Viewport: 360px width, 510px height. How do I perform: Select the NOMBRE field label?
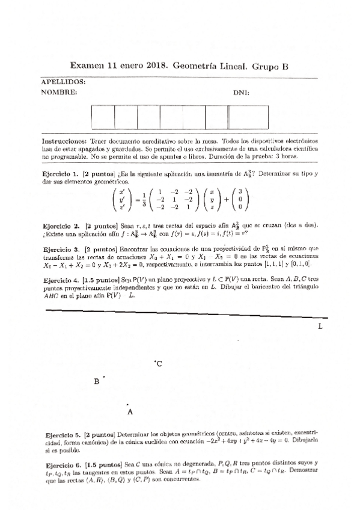pyautogui.click(x=58, y=93)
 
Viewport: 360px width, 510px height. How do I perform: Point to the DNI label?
pyautogui.click(x=241, y=93)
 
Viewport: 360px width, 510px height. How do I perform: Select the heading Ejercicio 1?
pyautogui.click(x=62, y=173)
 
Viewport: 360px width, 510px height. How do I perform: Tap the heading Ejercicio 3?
pyautogui.click(x=62, y=248)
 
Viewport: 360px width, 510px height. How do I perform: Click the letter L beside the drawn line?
pyautogui.click(x=320, y=326)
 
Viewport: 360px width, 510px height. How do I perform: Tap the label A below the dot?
pyautogui.click(x=130, y=412)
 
